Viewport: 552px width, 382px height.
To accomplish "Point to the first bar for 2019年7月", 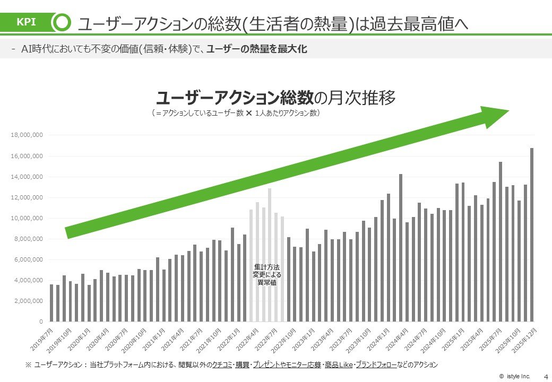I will pyautogui.click(x=51, y=302).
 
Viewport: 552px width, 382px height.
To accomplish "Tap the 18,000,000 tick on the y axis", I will pyautogui.click(x=27, y=135).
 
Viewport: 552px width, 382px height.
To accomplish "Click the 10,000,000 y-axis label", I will pyautogui.click(x=27, y=218).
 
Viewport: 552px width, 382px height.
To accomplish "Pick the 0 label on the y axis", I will pyautogui.click(x=40, y=322).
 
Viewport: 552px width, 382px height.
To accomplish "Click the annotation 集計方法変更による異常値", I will pyautogui.click(x=266, y=275).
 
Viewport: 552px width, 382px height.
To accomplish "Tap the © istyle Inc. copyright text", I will pyautogui.click(x=516, y=376).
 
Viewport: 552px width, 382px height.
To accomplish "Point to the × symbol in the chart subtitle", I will pyautogui.click(x=249, y=113).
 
